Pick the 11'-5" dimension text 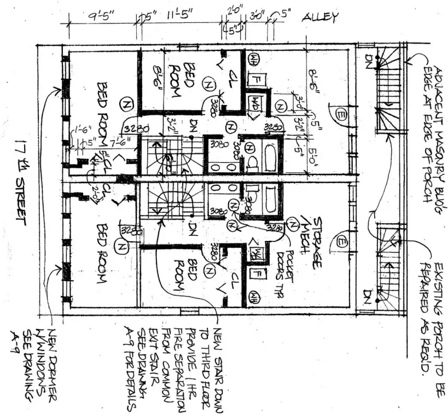click(181, 15)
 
